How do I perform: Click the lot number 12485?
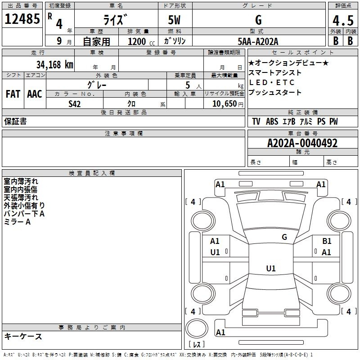[22, 19]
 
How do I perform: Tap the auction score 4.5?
[343, 20]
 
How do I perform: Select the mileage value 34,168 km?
[54, 64]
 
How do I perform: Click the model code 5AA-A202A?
[258, 41]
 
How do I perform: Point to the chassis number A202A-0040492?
[302, 143]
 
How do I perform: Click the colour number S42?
[74, 104]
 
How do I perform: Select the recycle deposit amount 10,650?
[224, 104]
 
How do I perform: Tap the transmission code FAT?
[13, 94]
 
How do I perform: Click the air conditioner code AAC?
[35, 94]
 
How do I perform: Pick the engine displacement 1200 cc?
[141, 41]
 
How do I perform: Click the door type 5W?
[174, 20]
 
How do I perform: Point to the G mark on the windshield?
[284, 237]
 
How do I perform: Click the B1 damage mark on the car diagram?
[327, 241]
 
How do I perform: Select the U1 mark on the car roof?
[271, 268]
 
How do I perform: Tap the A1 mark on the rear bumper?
[220, 332]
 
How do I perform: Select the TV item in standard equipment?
[256, 121]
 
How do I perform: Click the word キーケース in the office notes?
[23, 337]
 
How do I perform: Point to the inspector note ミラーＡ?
[17, 222]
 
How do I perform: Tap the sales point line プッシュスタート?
[275, 92]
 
